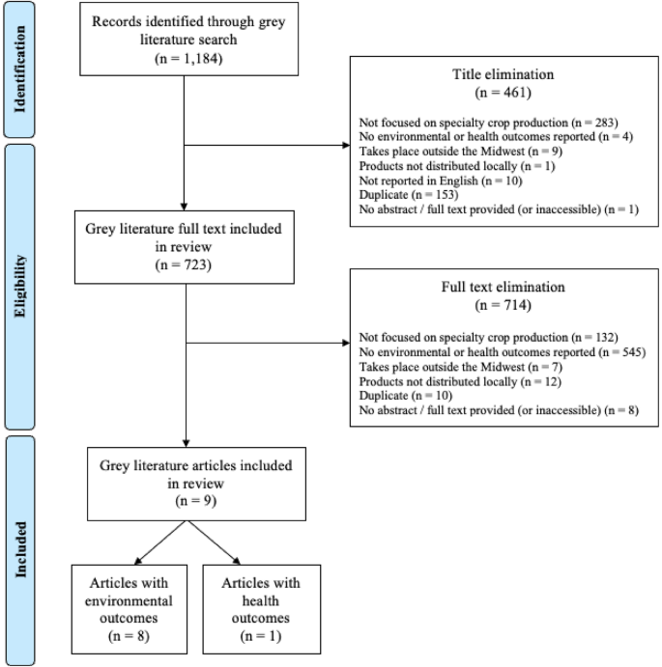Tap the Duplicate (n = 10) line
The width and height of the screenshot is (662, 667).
(395, 399)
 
